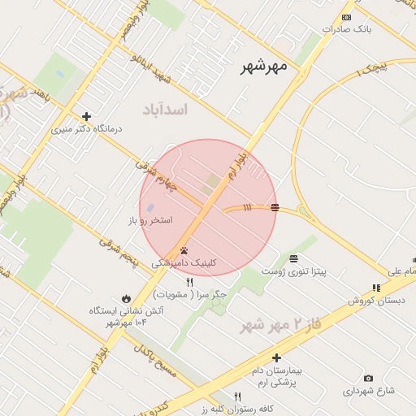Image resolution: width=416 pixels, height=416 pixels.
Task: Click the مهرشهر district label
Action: (x=265, y=67)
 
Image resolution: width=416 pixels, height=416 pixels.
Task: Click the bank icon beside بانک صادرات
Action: (x=348, y=17)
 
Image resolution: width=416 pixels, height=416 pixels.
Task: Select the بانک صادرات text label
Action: (x=346, y=29)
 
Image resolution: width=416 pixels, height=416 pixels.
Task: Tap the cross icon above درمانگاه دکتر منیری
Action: (x=86, y=116)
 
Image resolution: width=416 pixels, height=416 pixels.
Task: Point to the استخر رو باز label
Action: (x=150, y=220)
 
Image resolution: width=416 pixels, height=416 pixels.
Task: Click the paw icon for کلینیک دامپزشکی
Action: (x=184, y=250)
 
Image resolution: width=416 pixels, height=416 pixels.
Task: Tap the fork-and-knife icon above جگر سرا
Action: (x=190, y=282)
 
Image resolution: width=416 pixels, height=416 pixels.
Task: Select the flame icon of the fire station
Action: (x=125, y=297)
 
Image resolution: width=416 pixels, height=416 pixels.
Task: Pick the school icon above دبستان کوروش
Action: (x=375, y=288)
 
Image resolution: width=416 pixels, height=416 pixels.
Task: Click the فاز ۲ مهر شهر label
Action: (x=277, y=325)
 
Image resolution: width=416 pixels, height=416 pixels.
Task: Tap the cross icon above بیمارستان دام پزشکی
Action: (x=276, y=357)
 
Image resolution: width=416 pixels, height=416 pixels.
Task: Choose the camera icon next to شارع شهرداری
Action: (x=368, y=378)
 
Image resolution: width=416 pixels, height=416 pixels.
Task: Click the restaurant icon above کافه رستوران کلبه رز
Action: (x=237, y=396)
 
